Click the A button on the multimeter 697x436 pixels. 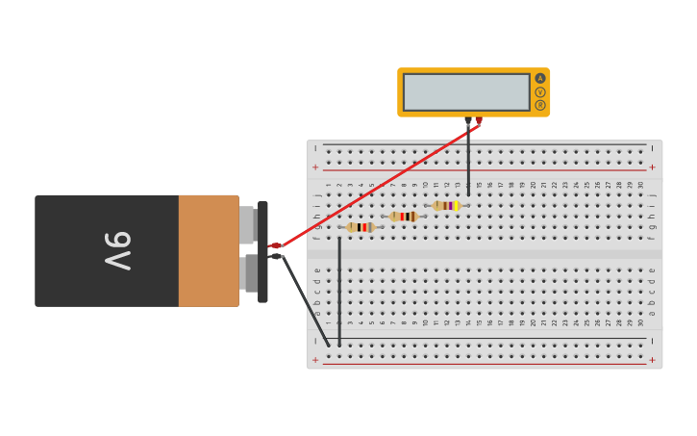click(540, 79)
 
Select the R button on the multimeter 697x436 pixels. click(540, 105)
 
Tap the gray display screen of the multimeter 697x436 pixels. click(466, 92)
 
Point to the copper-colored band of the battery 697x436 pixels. click(209, 251)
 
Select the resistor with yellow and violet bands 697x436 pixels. click(446, 206)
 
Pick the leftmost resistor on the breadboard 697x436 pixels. click(361, 228)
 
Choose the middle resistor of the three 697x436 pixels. click(404, 217)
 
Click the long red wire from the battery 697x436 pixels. click(375, 183)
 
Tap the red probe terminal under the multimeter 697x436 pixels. click(478, 121)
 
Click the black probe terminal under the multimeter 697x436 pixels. click(468, 121)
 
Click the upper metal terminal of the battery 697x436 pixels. click(247, 225)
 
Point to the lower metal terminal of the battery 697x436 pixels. click(250, 273)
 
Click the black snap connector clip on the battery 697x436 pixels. click(262, 251)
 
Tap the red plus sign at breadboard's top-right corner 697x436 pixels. click(652, 167)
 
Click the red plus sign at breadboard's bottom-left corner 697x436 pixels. click(315, 360)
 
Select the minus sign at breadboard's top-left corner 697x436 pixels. click(315, 148)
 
